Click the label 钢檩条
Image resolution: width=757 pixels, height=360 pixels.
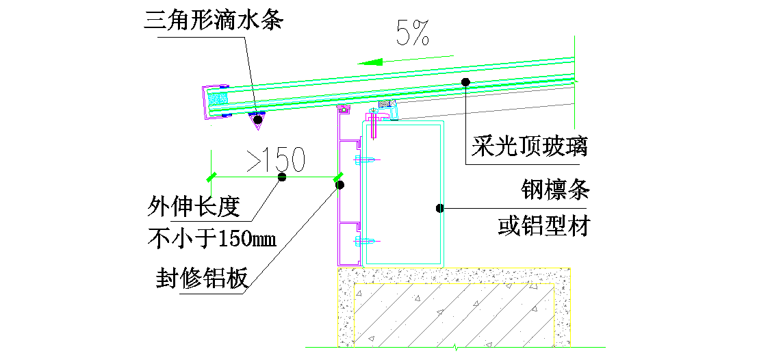[554, 190]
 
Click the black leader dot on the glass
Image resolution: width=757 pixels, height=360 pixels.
[465, 82]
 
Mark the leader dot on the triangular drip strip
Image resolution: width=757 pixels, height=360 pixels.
[257, 120]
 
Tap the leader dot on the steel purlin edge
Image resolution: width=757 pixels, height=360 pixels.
[441, 207]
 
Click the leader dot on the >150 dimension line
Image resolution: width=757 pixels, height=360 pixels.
[281, 177]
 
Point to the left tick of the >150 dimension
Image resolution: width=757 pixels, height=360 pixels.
[212, 177]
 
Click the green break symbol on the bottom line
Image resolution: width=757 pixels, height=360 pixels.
[454, 346]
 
